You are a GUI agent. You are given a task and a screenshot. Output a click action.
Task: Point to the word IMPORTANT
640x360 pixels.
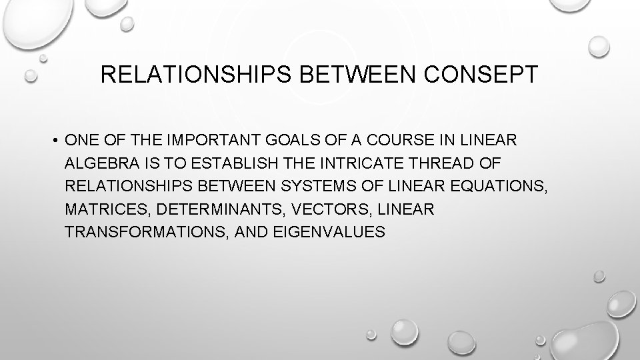pyautogui.click(x=215, y=141)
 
